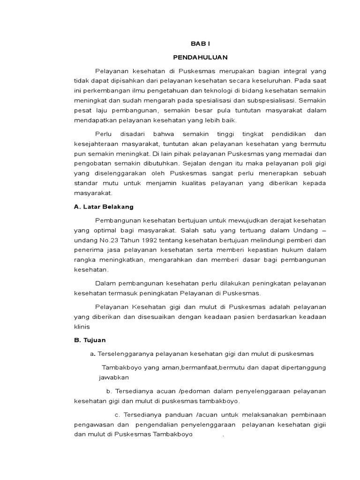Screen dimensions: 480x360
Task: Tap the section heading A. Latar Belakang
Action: coord(104,206)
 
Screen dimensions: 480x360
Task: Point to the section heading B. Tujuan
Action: coord(90,340)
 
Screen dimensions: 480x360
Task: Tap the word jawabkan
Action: coord(113,377)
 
